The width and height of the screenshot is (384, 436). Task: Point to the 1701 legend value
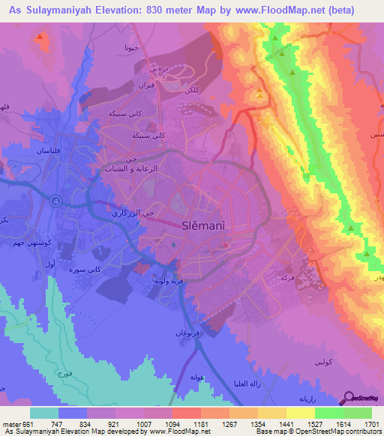point(371,423)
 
